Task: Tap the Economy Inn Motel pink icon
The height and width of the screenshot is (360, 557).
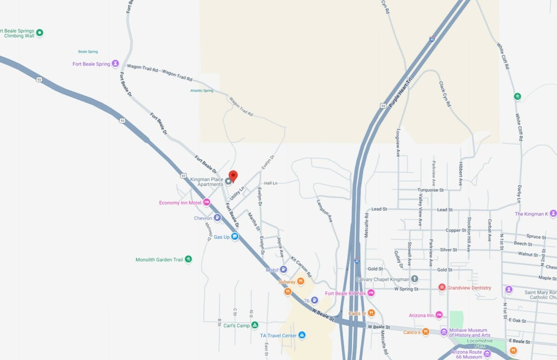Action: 207,202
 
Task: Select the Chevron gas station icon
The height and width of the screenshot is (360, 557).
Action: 217,218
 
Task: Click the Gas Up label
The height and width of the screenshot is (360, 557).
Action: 221,237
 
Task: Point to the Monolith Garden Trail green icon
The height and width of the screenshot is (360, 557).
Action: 188,259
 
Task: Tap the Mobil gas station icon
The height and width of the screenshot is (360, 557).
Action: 283,270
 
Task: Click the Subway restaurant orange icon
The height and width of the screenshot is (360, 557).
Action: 300,281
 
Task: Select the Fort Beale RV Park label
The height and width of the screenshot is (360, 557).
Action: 345,293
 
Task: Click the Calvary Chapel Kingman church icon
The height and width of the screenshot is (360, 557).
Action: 415,279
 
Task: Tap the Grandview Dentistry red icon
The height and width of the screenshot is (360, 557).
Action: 442,288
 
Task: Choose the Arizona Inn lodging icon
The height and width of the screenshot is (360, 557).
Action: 439,315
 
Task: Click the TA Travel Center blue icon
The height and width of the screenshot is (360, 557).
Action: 302,335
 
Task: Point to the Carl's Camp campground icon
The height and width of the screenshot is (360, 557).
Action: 254,325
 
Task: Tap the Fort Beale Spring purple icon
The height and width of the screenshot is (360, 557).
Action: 115,64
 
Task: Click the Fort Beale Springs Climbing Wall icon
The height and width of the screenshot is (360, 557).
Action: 39,32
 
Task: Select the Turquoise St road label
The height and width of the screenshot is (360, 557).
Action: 430,190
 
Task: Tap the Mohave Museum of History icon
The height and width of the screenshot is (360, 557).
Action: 444,332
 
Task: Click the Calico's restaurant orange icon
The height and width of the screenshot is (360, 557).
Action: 426,332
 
